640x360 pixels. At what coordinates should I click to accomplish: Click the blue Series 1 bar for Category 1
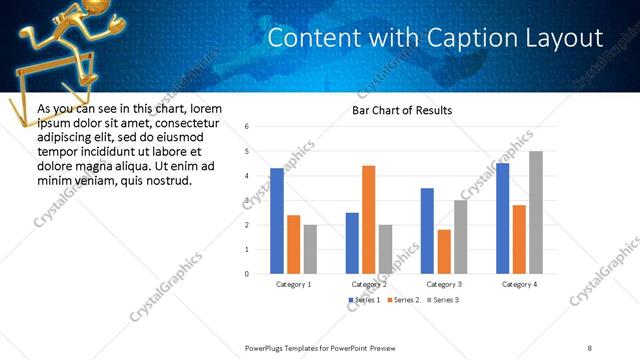point(277,221)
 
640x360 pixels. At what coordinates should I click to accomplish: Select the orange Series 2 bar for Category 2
point(368,220)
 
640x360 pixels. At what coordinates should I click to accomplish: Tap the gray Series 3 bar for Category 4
point(536,212)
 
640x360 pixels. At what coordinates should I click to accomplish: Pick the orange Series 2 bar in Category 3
point(444,252)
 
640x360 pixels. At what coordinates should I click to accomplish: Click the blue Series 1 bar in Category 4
point(502,219)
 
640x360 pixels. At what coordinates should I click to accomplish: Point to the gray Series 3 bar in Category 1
point(310,249)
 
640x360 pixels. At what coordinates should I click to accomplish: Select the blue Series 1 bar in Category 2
point(352,243)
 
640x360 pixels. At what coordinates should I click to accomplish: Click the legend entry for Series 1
point(364,300)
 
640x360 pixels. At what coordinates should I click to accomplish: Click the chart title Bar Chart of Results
point(402,110)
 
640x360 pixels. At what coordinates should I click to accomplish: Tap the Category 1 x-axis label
point(293,284)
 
